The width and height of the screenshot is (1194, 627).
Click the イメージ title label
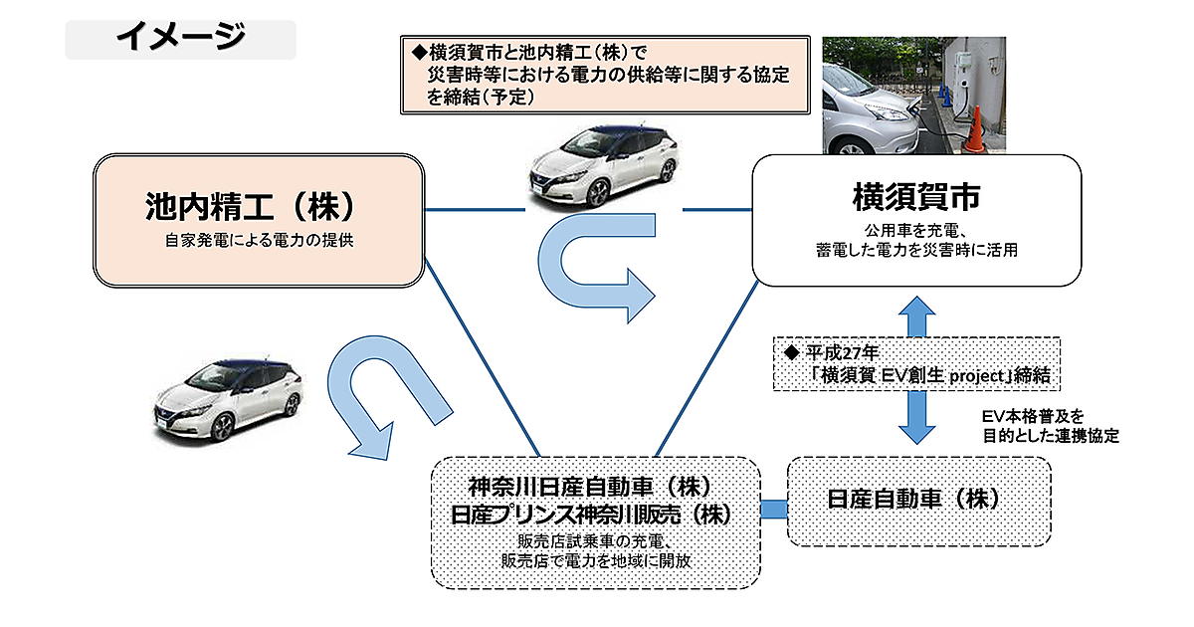[180, 38]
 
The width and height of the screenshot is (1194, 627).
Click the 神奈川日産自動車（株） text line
[594, 487]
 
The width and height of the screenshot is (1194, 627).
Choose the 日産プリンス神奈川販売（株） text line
[594, 516]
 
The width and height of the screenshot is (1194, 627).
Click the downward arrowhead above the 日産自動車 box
[916, 427]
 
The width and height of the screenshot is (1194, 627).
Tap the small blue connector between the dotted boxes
[773, 510]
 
